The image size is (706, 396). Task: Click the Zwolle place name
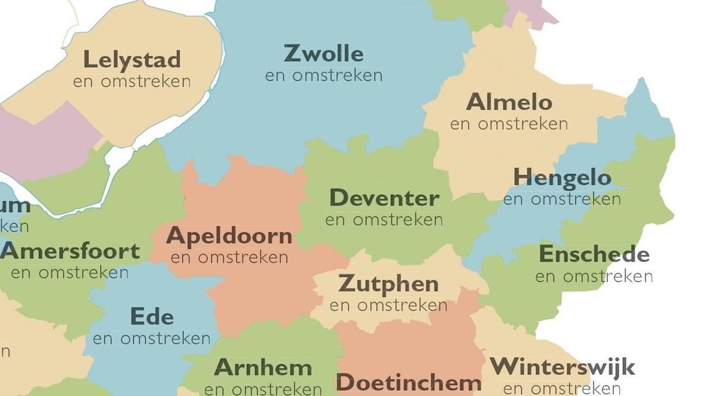tap(324, 54)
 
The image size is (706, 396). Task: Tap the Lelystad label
tap(132, 60)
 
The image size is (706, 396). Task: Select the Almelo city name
tap(509, 102)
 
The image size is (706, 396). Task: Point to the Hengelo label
tap(561, 178)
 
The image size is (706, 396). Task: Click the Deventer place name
tap(384, 199)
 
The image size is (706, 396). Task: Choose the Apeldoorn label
tap(229, 236)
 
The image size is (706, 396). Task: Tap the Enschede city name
tap(594, 255)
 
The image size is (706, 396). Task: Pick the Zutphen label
tap(388, 283)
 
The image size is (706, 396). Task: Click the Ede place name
tap(152, 316)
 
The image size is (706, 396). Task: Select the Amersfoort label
tap(70, 251)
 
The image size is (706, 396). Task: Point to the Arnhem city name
tap(263, 368)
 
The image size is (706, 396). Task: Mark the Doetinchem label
tap(408, 383)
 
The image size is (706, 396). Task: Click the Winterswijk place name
tap(562, 368)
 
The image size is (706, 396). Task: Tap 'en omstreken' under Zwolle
tap(324, 75)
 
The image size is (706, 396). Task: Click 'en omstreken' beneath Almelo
tap(509, 124)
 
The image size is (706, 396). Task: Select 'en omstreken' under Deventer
tap(384, 220)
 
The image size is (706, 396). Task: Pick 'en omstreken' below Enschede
tap(594, 277)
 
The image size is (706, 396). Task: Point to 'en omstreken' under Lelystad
tap(132, 82)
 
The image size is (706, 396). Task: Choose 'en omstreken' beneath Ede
tap(152, 339)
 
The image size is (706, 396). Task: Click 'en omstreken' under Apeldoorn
tap(229, 258)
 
